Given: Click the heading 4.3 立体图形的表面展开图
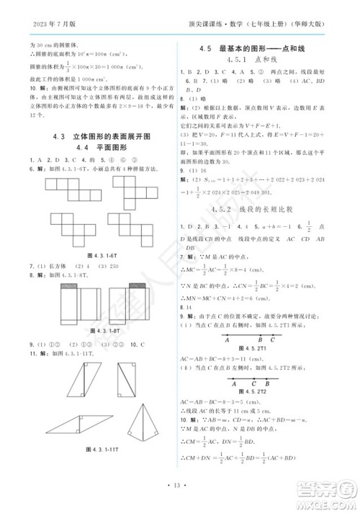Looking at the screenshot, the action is [101, 135].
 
